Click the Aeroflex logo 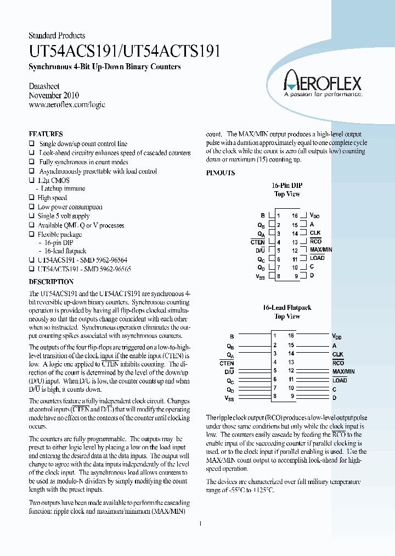click(322, 85)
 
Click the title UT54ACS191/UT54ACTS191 click(125, 52)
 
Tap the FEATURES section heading click(46, 134)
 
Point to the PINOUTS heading click(221, 173)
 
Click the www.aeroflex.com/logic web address click(66, 104)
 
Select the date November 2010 click(54, 96)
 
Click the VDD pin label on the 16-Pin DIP click(314, 216)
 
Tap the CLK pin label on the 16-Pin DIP click(315, 233)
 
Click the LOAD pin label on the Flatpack click(340, 380)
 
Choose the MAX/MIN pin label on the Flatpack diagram click(343, 371)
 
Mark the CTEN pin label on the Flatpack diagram click(227, 363)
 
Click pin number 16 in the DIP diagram click(295, 216)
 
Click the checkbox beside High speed click(31, 198)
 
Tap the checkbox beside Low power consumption click(31, 207)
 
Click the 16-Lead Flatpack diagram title click(287, 308)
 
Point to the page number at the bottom click(200, 524)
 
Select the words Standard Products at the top click(57, 36)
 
